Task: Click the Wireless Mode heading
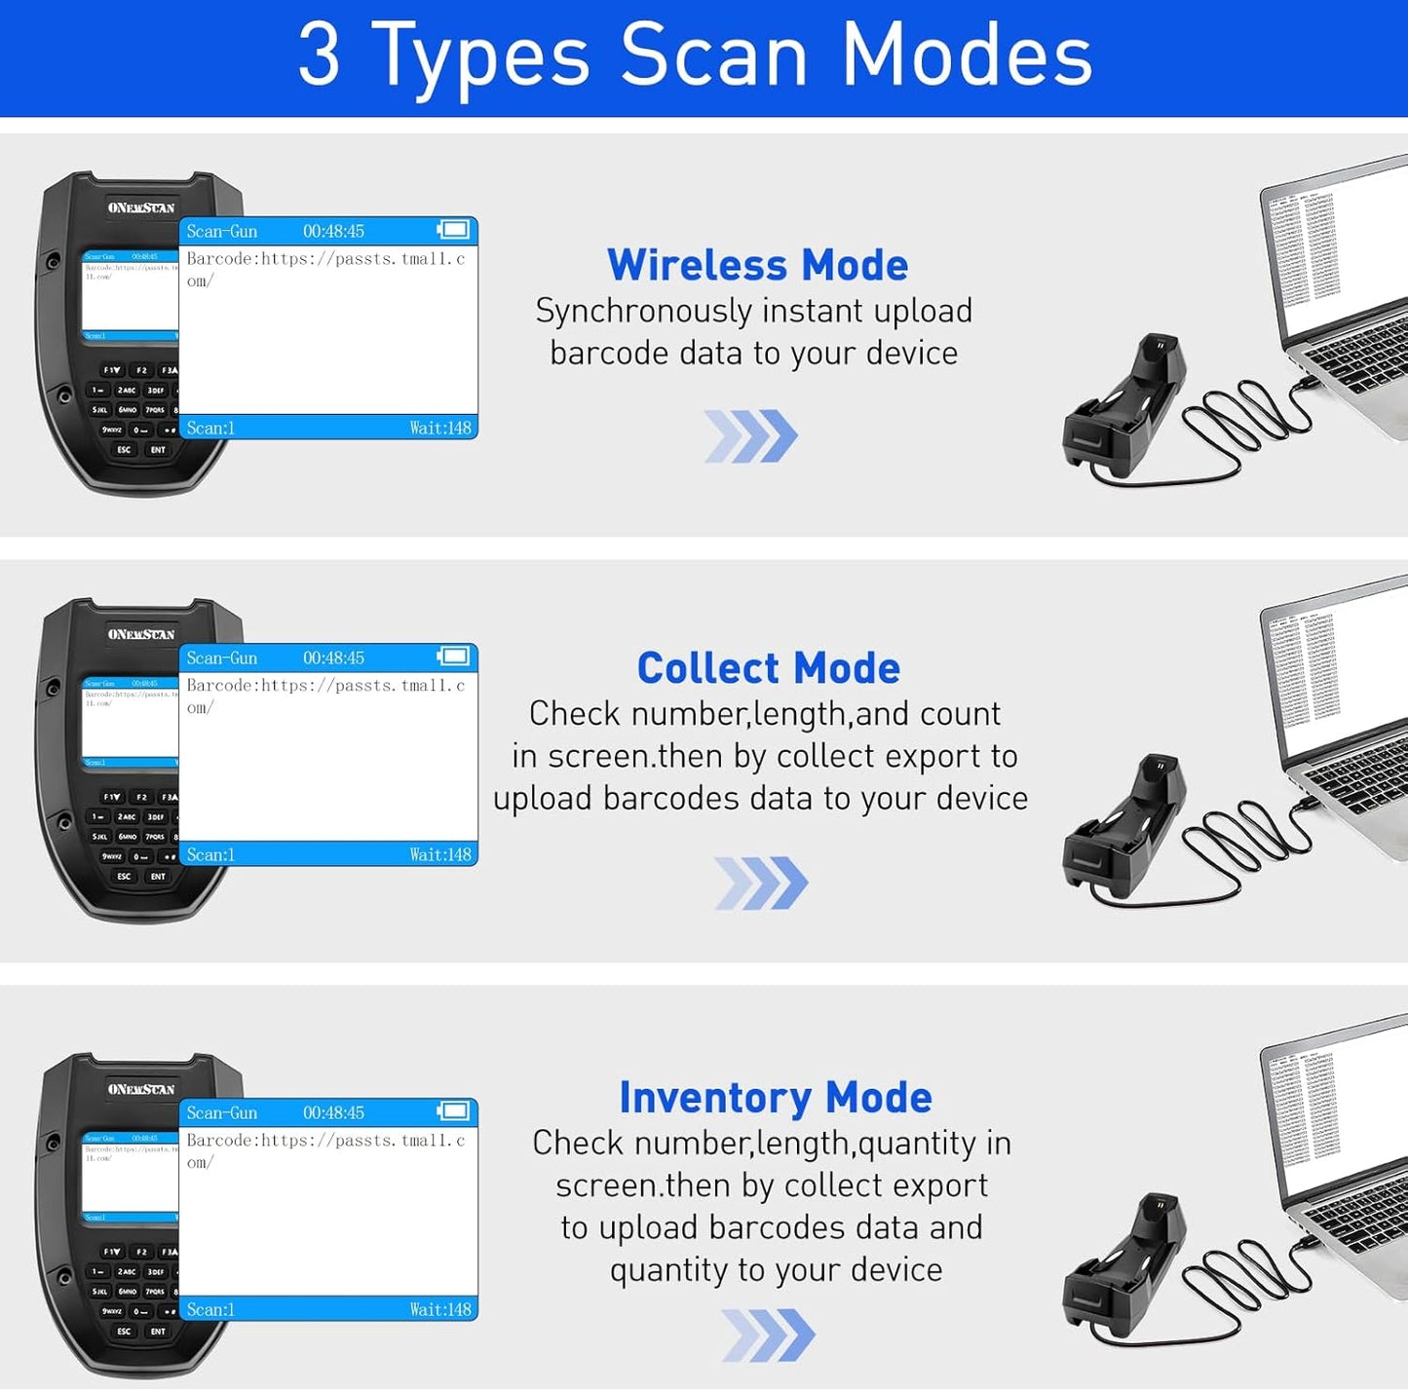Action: pyautogui.click(x=757, y=265)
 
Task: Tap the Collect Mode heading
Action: pyautogui.click(x=768, y=668)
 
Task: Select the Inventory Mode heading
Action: pyautogui.click(x=776, y=1097)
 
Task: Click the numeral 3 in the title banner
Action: pyautogui.click(x=319, y=56)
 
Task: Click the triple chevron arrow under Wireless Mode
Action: pyautogui.click(x=750, y=435)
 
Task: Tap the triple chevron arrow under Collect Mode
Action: pyautogui.click(x=760, y=883)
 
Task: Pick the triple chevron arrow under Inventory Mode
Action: pyautogui.click(x=768, y=1335)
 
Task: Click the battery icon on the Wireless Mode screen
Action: pyautogui.click(x=453, y=230)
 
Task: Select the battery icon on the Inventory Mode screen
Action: pyautogui.click(x=453, y=1111)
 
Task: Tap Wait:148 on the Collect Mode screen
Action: pyautogui.click(x=440, y=854)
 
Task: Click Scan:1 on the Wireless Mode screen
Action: pyautogui.click(x=210, y=428)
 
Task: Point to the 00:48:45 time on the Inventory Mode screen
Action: pyautogui.click(x=333, y=1112)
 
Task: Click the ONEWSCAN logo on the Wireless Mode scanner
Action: pyautogui.click(x=141, y=207)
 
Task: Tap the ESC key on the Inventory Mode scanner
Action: pyautogui.click(x=124, y=1331)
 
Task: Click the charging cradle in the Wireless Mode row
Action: pyautogui.click(x=1125, y=409)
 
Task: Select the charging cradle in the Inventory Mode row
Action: pyautogui.click(x=1125, y=1266)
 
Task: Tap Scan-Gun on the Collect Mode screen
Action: pyautogui.click(x=222, y=658)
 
